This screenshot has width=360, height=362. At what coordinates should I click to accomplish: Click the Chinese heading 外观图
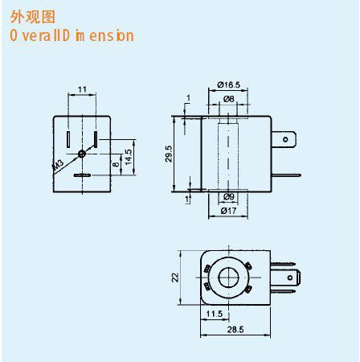pyautogui.click(x=33, y=17)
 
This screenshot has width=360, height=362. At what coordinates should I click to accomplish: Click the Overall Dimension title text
pyautogui.click(x=72, y=36)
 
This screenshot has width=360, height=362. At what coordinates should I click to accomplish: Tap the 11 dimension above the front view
pyautogui.click(x=82, y=89)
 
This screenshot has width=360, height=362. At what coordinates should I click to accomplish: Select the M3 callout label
pyautogui.click(x=58, y=165)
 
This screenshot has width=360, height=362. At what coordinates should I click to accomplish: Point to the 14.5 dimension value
pyautogui.click(x=129, y=157)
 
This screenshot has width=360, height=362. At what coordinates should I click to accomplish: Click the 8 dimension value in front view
pyautogui.click(x=116, y=164)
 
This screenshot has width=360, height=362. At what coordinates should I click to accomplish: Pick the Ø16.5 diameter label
pyautogui.click(x=228, y=85)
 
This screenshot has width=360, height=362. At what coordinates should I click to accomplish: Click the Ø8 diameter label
pyautogui.click(x=229, y=99)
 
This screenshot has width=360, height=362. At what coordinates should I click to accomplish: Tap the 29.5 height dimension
pyautogui.click(x=169, y=154)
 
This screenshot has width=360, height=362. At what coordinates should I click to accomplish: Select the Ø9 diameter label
pyautogui.click(x=229, y=196)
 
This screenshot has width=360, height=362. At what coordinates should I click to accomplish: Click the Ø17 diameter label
pyautogui.click(x=228, y=211)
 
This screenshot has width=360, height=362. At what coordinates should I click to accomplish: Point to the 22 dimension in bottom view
pyautogui.click(x=175, y=278)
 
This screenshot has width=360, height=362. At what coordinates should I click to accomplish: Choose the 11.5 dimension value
pyautogui.click(x=215, y=314)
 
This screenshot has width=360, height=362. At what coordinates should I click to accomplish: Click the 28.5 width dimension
pyautogui.click(x=235, y=329)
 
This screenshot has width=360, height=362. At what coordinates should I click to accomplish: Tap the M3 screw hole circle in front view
pyautogui.click(x=82, y=154)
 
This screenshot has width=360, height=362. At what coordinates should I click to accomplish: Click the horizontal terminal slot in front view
pyautogui.click(x=82, y=175)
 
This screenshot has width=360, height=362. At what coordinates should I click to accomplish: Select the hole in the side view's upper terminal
pyautogui.click(x=285, y=139)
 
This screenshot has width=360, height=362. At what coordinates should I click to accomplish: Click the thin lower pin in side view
pyautogui.click(x=286, y=175)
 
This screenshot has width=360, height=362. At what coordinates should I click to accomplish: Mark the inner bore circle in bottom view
pyautogui.click(x=228, y=278)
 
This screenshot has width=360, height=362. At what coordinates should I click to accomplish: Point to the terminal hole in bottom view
pyautogui.click(x=290, y=278)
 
